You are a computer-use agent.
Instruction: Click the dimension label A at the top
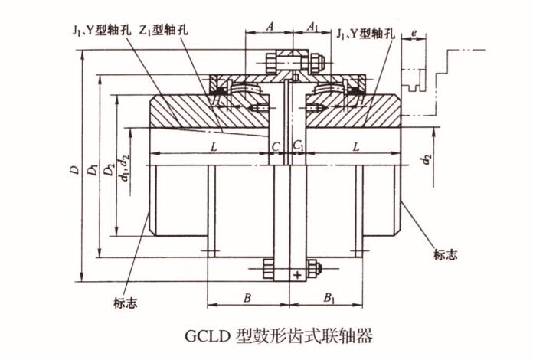[x=269, y=25]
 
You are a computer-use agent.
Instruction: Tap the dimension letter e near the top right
[x=414, y=33]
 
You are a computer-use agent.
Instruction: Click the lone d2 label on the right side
[x=427, y=161]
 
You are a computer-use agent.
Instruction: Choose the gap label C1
[x=299, y=145]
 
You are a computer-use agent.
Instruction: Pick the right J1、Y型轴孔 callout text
[x=368, y=32]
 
